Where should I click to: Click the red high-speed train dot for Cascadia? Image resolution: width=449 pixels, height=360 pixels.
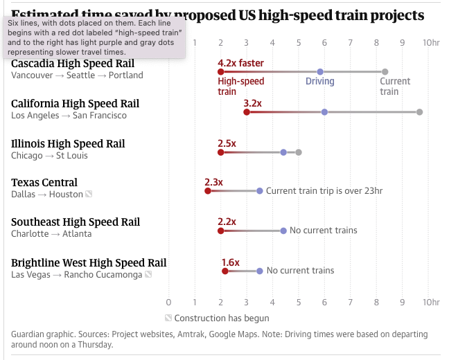pyautogui.click(x=220, y=72)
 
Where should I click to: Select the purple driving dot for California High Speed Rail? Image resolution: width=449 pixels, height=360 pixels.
pyautogui.click(x=324, y=111)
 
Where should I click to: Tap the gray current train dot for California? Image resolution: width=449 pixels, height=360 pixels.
pyautogui.click(x=419, y=111)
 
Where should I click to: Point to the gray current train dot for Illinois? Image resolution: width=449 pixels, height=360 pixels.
pyautogui.click(x=299, y=152)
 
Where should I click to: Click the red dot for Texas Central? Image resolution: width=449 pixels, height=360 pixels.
pyautogui.click(x=207, y=191)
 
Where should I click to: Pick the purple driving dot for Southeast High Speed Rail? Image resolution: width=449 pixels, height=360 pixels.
pyautogui.click(x=283, y=231)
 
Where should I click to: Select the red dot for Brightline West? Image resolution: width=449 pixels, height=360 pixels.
pyautogui.click(x=224, y=271)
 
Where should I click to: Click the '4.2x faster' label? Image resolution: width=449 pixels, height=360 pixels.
pyautogui.click(x=240, y=63)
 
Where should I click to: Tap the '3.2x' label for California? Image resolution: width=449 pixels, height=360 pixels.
pyautogui.click(x=252, y=103)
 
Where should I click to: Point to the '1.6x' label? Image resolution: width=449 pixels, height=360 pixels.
pyautogui.click(x=230, y=262)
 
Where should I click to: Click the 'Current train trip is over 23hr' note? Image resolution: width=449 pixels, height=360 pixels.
pyautogui.click(x=324, y=191)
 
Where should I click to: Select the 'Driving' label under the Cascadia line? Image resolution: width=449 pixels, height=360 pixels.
pyautogui.click(x=319, y=82)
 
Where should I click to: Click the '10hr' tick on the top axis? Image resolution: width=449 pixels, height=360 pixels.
pyautogui.click(x=430, y=43)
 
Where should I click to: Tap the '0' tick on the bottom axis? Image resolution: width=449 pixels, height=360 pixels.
pyautogui.click(x=168, y=302)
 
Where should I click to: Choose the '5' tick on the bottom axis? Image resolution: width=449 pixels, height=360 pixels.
pyautogui.click(x=299, y=302)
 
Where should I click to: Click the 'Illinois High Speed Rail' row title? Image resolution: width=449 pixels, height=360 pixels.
pyautogui.click(x=68, y=144)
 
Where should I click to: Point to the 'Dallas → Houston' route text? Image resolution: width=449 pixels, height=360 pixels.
pyautogui.click(x=47, y=195)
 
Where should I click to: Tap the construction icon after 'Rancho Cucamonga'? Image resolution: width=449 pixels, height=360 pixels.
pyautogui.click(x=148, y=275)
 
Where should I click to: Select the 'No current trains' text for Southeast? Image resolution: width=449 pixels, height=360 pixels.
pyautogui.click(x=323, y=231)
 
